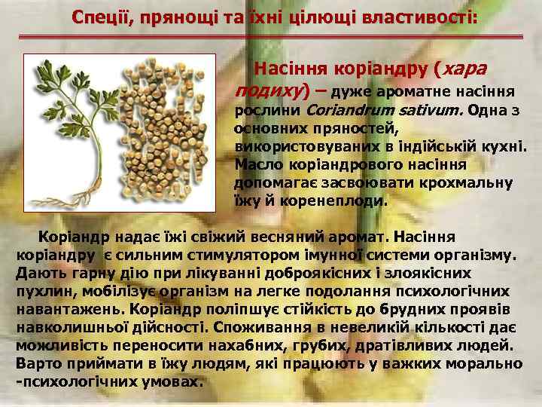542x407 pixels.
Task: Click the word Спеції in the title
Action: tap(101, 17)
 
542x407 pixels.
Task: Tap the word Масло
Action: tap(257, 164)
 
